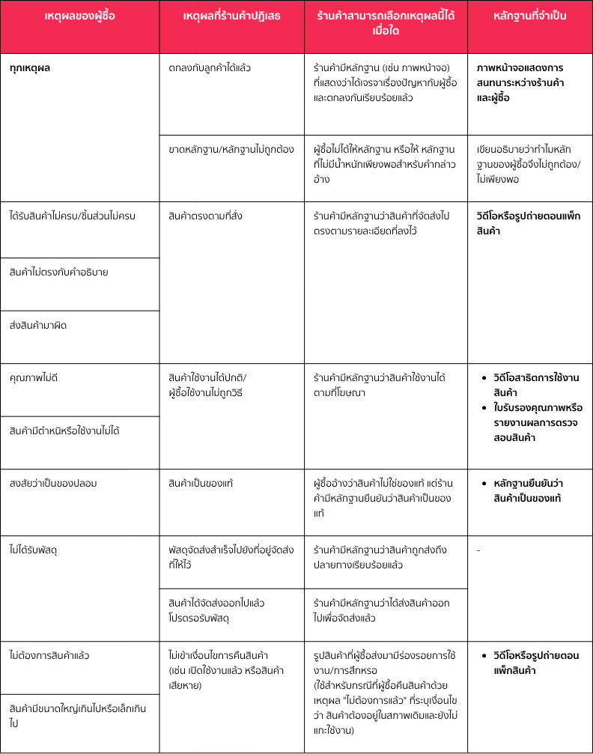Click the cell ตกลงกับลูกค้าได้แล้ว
(210, 67)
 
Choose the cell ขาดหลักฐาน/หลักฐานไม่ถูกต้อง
(231, 148)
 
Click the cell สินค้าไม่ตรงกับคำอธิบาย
(59, 272)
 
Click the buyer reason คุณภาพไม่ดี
(34, 377)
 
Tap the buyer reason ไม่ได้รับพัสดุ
(34, 550)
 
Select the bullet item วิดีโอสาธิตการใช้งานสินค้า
(534, 385)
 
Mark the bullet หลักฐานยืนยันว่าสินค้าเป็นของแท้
(533, 490)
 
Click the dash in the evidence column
(478, 551)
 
